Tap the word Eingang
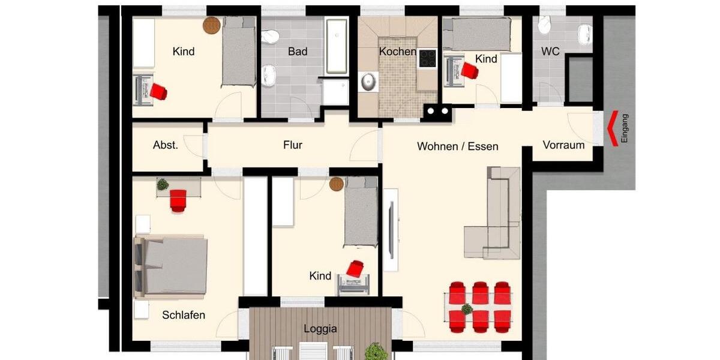click(625, 128)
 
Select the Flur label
click(293, 145)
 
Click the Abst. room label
click(166, 145)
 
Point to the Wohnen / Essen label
click(457, 146)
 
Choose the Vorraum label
click(563, 145)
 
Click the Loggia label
click(320, 329)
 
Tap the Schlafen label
click(184, 315)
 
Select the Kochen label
click(397, 52)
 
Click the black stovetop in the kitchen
click(427, 58)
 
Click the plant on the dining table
click(467, 309)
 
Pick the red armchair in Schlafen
click(178, 200)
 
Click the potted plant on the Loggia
click(377, 350)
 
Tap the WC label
click(550, 52)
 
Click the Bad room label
click(298, 52)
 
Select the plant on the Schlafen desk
click(162, 185)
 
